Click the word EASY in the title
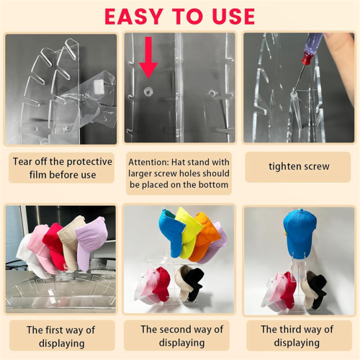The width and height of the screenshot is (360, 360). click(x=133, y=17)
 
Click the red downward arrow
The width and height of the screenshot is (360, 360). click(x=148, y=58)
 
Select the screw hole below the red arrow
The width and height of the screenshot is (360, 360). click(x=148, y=91)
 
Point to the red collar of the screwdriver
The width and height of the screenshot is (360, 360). click(x=307, y=59)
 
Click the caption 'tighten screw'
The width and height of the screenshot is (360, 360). click(x=299, y=166)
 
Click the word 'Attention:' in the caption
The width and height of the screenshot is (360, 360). click(x=149, y=162)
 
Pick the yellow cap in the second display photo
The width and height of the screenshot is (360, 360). click(x=189, y=232)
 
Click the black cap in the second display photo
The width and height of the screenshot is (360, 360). click(x=195, y=283)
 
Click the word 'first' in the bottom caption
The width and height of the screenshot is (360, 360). click(x=54, y=330)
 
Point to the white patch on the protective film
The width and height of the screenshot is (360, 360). click(x=99, y=86)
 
